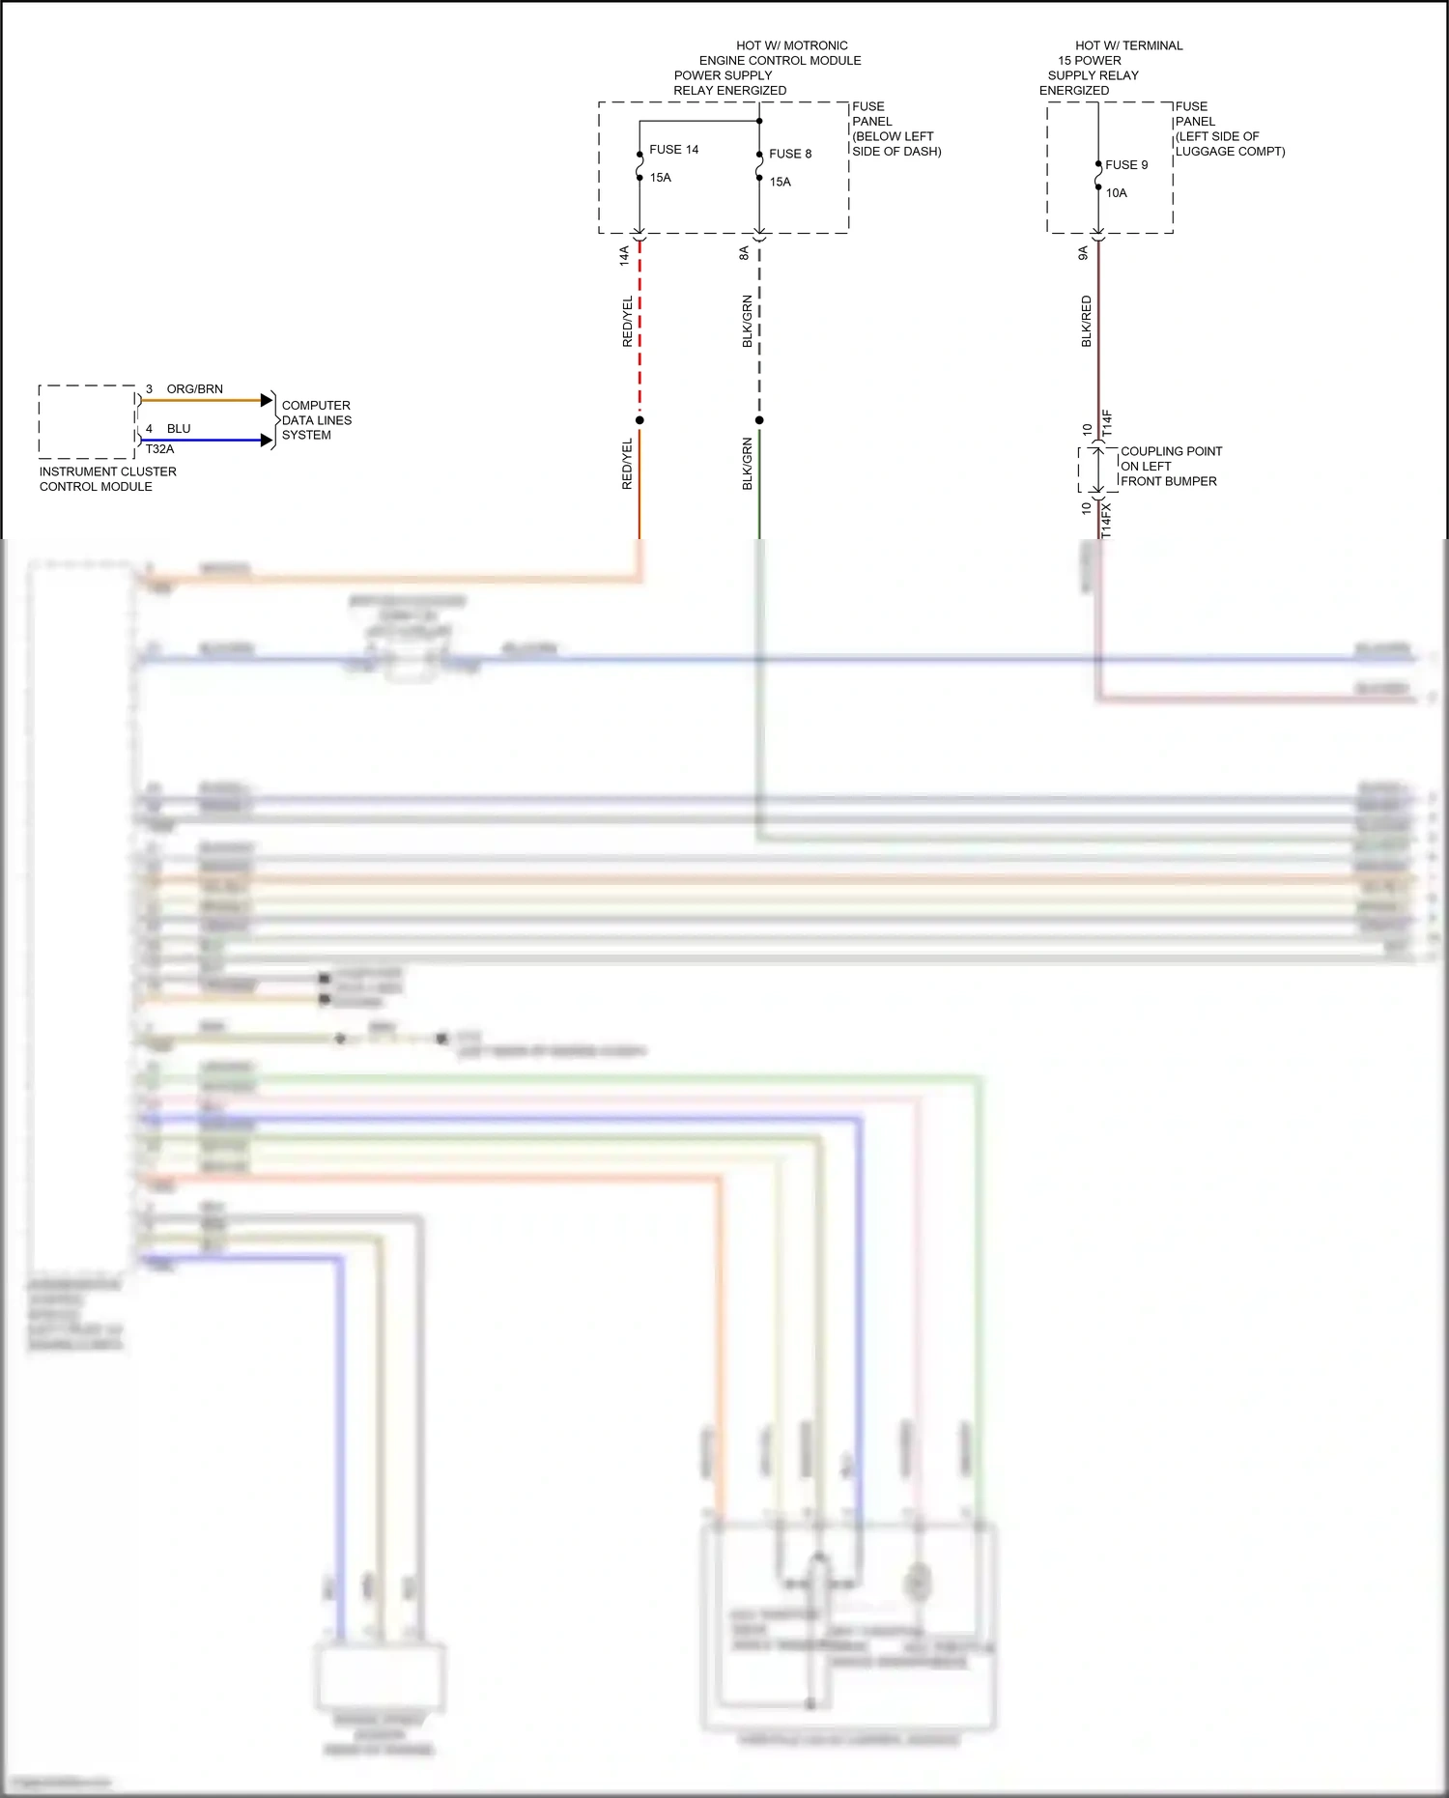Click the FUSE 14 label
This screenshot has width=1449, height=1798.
(x=673, y=150)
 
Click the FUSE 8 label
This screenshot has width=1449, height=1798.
(x=790, y=154)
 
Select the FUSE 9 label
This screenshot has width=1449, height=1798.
(x=1126, y=165)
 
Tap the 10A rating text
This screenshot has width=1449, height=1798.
(x=1116, y=193)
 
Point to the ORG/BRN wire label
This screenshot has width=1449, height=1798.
(x=194, y=389)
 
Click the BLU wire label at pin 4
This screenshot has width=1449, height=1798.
(x=179, y=429)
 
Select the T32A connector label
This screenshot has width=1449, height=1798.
(x=159, y=449)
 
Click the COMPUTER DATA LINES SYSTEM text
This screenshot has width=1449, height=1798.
(x=316, y=420)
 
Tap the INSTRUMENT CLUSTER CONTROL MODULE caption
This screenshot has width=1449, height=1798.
(x=107, y=479)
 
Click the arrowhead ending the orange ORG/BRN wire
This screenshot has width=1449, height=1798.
(x=268, y=400)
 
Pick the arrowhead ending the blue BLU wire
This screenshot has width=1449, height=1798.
(x=268, y=441)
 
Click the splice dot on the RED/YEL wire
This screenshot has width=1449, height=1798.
(x=639, y=420)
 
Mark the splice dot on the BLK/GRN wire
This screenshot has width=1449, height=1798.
(x=759, y=420)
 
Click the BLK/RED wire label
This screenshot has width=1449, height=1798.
(x=1086, y=322)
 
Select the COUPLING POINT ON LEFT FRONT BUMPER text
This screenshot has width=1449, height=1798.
(x=1170, y=467)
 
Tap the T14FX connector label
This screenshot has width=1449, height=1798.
(x=1106, y=520)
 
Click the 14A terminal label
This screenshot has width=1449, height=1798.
(x=624, y=255)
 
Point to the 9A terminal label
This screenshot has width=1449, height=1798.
(x=1083, y=253)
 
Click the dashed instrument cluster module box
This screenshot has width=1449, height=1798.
(x=86, y=422)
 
